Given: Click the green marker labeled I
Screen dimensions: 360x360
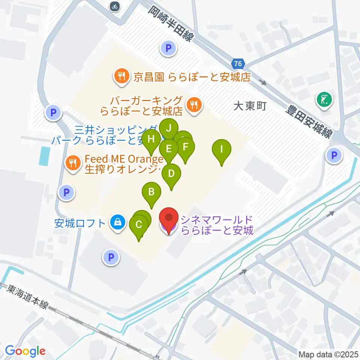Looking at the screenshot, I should click(x=222, y=150).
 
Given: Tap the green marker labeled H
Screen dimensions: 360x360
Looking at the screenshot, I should click(x=151, y=140).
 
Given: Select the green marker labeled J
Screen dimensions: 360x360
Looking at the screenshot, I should click(x=169, y=129).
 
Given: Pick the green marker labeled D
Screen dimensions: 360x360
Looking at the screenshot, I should click(x=171, y=174).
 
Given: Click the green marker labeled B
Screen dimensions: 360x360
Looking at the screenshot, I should click(x=151, y=192).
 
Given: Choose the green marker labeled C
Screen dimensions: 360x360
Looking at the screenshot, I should click(x=138, y=225).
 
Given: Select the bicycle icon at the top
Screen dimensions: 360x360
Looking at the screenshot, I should click(x=115, y=6).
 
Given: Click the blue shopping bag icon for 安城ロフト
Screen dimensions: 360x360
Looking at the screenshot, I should click(x=118, y=223).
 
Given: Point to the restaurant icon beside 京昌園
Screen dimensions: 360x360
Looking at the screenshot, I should click(x=121, y=77).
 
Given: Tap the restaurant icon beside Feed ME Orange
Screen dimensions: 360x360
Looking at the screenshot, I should click(x=72, y=163).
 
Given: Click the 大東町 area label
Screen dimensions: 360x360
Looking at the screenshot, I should click(x=249, y=106).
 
